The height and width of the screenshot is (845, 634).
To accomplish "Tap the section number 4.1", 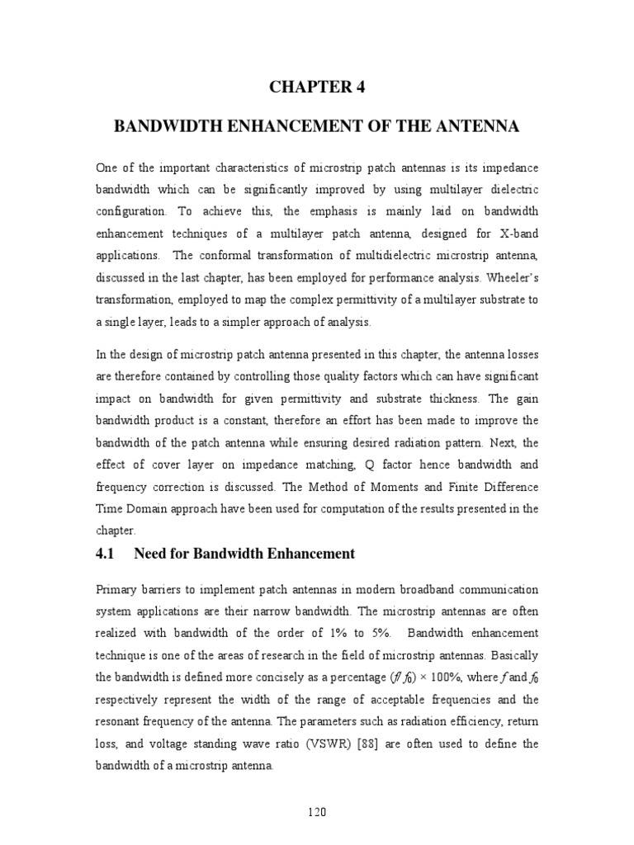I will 108,554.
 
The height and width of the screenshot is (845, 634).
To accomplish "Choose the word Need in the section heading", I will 151,554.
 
